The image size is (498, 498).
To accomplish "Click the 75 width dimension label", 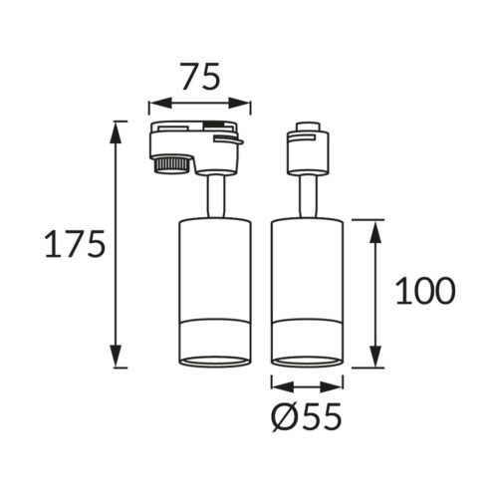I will pyautogui.click(x=199, y=76).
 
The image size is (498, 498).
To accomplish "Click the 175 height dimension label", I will pyautogui.click(x=74, y=244).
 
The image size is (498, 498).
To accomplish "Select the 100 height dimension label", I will pyautogui.click(x=425, y=291).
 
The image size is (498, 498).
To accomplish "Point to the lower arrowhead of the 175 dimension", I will pyautogui.click(x=119, y=361).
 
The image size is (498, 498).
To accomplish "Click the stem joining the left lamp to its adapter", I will pyautogui.click(x=213, y=193).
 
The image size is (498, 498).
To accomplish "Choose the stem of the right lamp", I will pyautogui.click(x=308, y=193).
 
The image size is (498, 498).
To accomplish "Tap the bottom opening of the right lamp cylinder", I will pyautogui.click(x=308, y=360).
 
